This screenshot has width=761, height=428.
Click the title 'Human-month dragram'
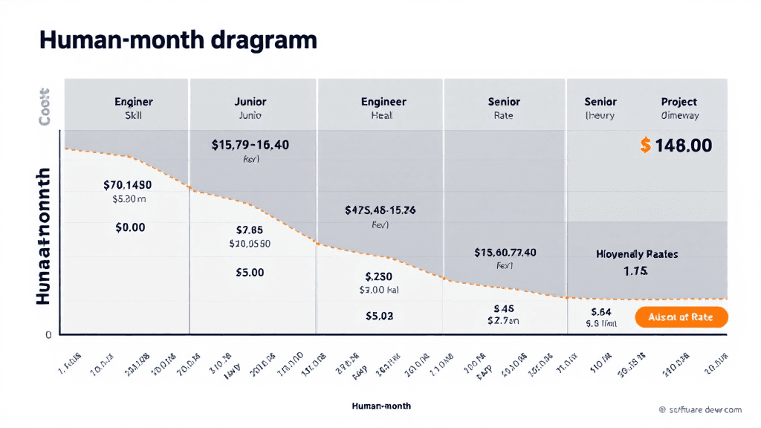pos(178,41)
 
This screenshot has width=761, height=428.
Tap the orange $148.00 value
pos(676,146)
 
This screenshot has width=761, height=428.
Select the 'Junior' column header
pos(250,102)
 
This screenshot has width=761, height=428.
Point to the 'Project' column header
pos(679,102)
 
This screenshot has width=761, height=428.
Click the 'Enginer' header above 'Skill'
pos(134,102)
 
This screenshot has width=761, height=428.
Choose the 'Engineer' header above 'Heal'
pos(383,102)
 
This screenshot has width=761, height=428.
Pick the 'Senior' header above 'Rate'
pos(504,102)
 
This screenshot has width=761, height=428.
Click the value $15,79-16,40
pos(250,145)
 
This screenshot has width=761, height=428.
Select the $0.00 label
pos(130,228)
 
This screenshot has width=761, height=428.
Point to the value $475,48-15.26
pos(380,210)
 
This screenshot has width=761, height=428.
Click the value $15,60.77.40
pos(505,253)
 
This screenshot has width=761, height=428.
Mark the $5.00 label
pos(250,273)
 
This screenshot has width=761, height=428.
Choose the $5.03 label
pos(379,316)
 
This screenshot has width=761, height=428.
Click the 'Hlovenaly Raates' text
pos(637,254)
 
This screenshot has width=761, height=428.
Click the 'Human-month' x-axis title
pos(381,406)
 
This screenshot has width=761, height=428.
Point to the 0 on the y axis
pos(48,335)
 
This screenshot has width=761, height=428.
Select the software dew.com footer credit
pos(700,409)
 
